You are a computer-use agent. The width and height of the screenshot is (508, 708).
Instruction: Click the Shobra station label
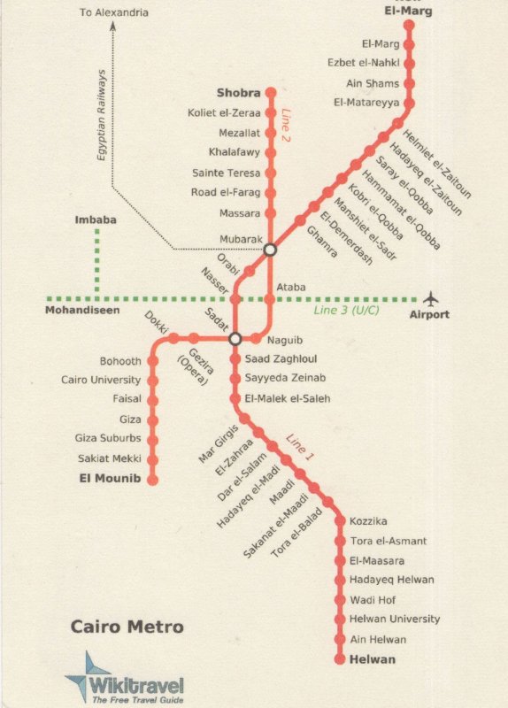[238, 93]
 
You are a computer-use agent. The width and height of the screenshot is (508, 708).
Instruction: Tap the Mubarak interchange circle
[271, 250]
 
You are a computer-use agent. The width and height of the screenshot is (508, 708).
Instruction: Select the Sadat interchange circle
[235, 338]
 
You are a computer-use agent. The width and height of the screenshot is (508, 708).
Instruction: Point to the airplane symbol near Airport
[431, 298]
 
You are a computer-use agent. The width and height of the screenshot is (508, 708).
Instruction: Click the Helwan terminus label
[373, 659]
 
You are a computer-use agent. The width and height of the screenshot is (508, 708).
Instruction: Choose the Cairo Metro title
[127, 627]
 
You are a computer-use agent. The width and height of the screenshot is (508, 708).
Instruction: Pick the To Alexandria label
[113, 12]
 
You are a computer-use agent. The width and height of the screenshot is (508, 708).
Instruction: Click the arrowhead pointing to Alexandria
[113, 27]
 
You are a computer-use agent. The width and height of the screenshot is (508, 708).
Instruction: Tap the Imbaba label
[96, 219]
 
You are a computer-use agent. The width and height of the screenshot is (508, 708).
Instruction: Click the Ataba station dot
[271, 298]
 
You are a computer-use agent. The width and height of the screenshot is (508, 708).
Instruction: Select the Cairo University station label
[101, 380]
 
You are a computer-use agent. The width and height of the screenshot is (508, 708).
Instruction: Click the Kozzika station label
[368, 521]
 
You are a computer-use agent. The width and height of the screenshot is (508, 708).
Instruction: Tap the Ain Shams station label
[373, 83]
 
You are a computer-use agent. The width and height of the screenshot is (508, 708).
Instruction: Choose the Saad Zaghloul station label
[281, 359]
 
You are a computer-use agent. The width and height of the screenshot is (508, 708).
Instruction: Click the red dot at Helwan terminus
[340, 659]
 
